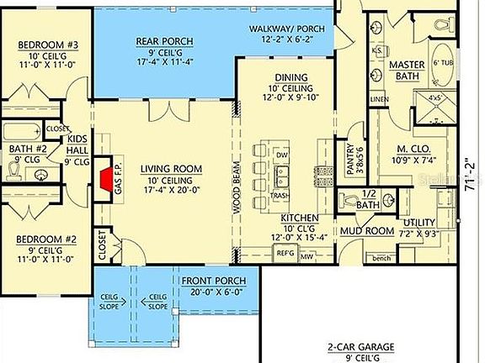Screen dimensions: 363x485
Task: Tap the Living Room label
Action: click(x=166, y=168)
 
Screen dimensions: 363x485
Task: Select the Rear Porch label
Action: click(x=164, y=41)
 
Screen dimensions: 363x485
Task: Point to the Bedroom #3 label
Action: click(x=38, y=45)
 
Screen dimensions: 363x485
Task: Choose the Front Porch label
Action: click(x=208, y=281)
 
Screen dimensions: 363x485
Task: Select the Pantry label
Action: click(x=350, y=155)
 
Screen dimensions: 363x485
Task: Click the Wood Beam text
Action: click(x=237, y=193)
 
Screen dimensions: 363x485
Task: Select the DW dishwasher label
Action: click(x=282, y=155)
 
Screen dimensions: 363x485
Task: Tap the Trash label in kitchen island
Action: click(x=282, y=195)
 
